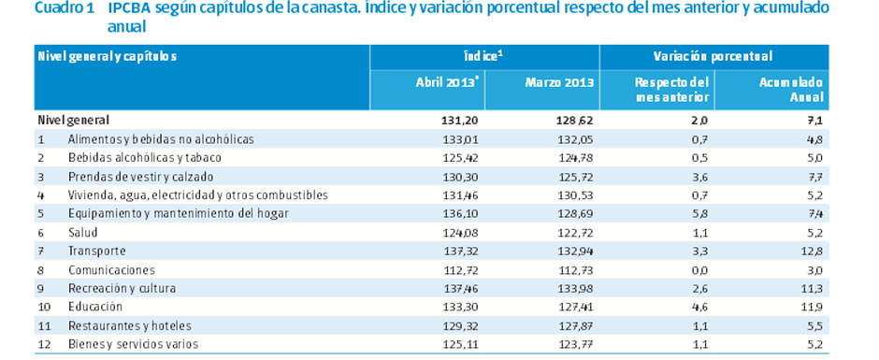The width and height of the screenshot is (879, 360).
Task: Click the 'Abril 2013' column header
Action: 448,82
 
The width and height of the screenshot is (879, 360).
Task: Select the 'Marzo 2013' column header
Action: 559,82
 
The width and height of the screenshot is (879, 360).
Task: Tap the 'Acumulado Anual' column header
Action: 793,89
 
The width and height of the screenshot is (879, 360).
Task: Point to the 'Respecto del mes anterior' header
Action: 671,89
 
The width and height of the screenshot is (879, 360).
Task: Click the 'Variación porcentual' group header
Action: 731,56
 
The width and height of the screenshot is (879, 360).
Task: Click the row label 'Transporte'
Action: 96,251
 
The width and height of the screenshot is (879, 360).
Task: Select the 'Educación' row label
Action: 94,307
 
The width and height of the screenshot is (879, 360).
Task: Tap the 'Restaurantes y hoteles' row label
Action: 129,325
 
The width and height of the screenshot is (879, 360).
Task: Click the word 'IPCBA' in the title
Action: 128,8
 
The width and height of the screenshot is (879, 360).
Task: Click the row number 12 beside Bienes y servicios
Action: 42,344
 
